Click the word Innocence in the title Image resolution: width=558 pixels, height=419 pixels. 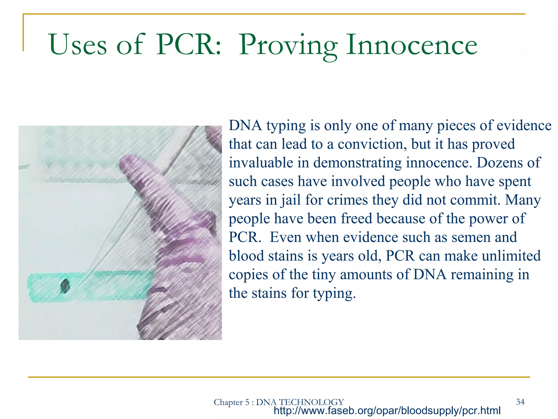(x=411, y=45)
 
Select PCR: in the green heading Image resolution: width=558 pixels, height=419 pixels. (x=188, y=45)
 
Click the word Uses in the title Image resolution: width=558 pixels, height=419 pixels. (x=78, y=45)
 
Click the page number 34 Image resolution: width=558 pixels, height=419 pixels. (x=520, y=402)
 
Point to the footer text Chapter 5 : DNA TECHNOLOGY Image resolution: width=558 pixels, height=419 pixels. (x=279, y=402)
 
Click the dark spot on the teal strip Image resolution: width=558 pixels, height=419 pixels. (x=65, y=286)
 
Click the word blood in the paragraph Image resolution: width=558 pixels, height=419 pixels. (x=246, y=256)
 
